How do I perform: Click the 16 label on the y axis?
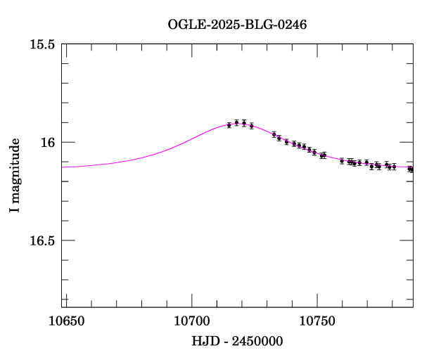pyautogui.click(x=48, y=143)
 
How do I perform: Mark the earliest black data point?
pyautogui.click(x=229, y=125)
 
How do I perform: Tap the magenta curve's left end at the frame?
pyautogui.click(x=63, y=167)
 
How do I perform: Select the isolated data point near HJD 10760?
pyautogui.click(x=342, y=161)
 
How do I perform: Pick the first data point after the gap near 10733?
pyautogui.click(x=274, y=134)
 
